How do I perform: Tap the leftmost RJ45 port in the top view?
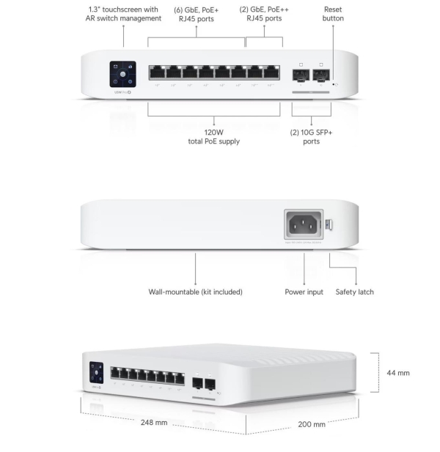point(157,73)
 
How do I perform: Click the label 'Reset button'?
point(332,13)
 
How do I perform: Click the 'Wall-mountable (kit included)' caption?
point(196,292)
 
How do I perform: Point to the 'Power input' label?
point(304,292)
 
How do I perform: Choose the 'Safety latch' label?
point(355,292)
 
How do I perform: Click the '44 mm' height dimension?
point(398,373)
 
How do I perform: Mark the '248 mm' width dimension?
point(155,423)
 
